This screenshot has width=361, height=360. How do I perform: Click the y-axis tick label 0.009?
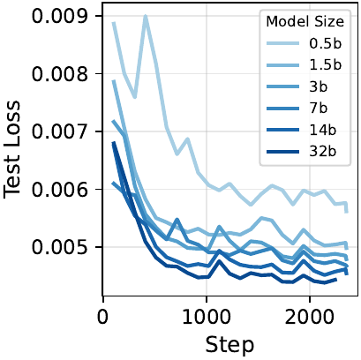click(x=59, y=16)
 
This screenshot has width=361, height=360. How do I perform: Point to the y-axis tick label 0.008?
click(x=59, y=73)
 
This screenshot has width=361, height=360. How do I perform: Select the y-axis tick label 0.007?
click(x=59, y=131)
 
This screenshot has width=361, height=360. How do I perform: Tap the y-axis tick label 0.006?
click(x=59, y=190)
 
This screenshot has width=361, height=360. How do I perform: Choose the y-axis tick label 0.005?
click(x=59, y=247)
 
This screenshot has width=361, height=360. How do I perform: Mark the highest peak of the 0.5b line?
click(x=146, y=15)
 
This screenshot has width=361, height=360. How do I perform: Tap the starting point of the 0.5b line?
click(x=115, y=24)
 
